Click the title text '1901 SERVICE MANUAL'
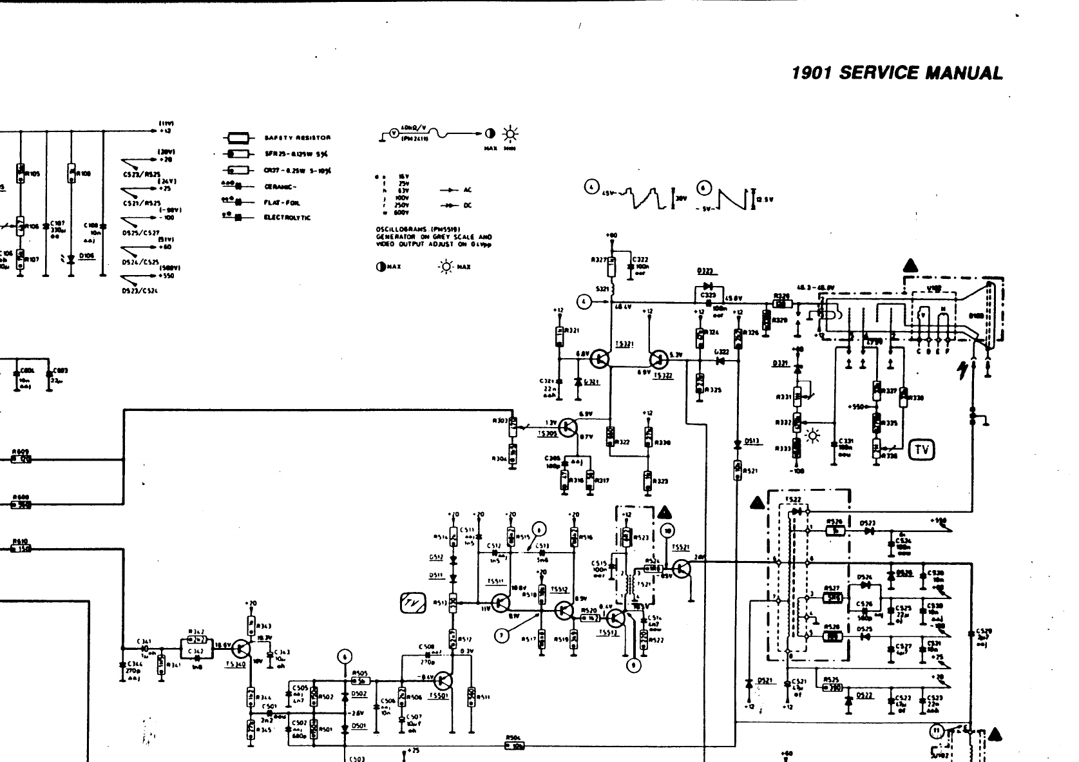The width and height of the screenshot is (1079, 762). point(897,73)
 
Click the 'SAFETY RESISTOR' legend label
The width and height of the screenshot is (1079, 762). point(297,138)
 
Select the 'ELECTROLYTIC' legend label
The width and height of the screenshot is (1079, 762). point(287,218)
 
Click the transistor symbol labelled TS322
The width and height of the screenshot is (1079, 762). point(658,358)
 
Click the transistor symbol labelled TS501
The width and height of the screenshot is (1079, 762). point(443,680)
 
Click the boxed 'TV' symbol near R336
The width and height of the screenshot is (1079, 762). point(921,450)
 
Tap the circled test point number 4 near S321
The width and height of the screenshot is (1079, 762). point(584,300)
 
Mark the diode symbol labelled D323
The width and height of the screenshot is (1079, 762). point(709,286)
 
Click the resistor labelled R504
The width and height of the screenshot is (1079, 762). point(515,746)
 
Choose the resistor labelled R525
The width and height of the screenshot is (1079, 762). point(832,687)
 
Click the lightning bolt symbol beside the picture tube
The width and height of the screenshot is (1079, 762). point(964,370)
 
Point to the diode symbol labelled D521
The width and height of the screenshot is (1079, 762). point(749,683)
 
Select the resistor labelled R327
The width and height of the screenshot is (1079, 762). point(612,263)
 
